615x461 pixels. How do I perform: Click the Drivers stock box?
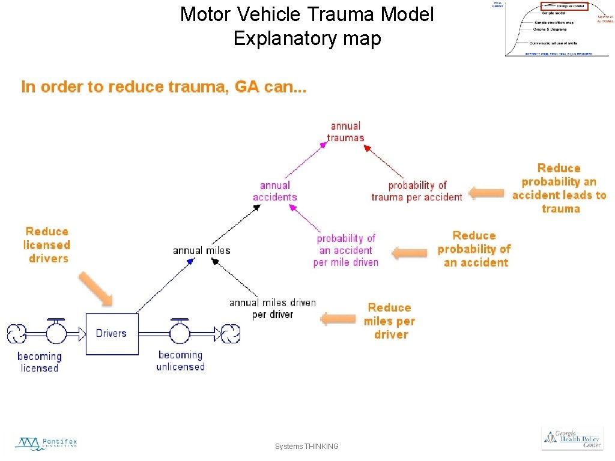click(112, 334)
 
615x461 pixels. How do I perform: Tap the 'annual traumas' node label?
click(345, 131)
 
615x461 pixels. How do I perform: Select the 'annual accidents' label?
click(274, 191)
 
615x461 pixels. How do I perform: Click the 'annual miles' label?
click(201, 250)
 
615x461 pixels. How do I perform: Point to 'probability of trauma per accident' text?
click(417, 191)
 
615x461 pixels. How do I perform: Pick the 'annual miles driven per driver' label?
click(272, 309)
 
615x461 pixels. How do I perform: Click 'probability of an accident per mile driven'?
click(346, 250)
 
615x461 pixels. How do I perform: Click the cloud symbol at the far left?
click(16, 333)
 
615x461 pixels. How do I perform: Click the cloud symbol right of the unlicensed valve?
click(231, 333)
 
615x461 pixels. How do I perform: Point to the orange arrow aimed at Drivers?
click(95, 289)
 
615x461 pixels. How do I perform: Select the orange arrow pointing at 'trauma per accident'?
click(486, 193)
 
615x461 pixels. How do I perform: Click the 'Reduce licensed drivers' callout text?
click(47, 245)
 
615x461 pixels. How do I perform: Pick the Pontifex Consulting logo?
click(46, 444)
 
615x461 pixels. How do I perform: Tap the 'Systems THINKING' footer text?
click(306, 447)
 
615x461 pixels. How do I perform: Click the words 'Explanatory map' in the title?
click(307, 39)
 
